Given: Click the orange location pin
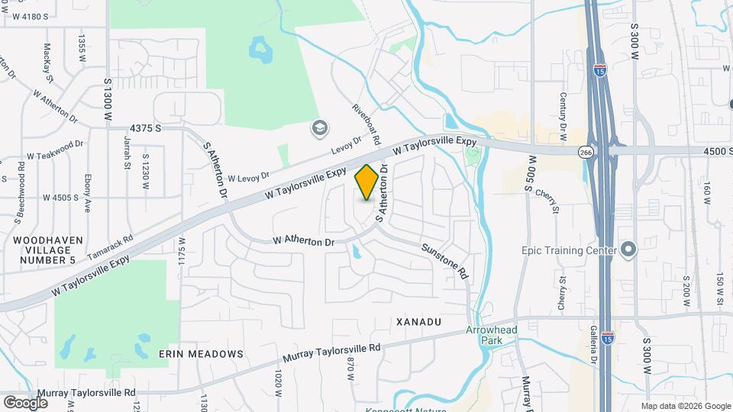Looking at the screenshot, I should tap(367, 182).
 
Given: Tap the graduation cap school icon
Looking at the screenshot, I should tap(318, 127).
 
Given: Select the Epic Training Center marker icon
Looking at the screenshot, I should tap(628, 250).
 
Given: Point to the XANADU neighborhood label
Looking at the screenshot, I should tap(419, 323).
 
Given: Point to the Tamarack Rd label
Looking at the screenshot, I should tap(110, 246).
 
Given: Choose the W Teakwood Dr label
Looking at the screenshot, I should tap(55, 150).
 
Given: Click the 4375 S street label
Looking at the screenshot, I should tap(145, 128).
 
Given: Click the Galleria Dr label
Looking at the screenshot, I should tap(593, 344).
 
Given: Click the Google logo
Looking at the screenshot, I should tap(25, 401).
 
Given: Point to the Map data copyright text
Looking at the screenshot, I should tap(686, 406).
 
